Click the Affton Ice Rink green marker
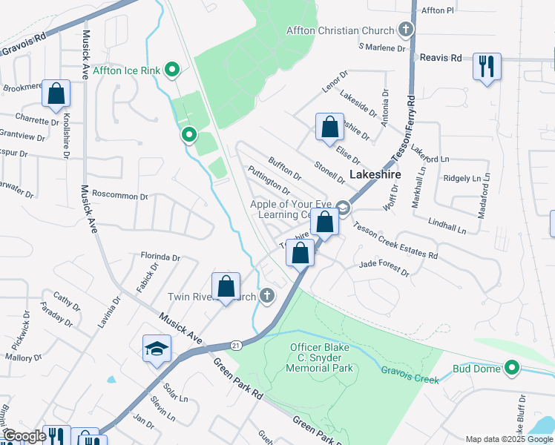click(173, 70)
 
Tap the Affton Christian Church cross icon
click(405, 30)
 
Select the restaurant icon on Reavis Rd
click(487, 66)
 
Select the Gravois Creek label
click(410, 370)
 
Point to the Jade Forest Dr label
click(384, 268)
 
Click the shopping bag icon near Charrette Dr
click(56, 94)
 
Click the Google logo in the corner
click(24, 436)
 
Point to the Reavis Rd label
click(440, 57)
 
